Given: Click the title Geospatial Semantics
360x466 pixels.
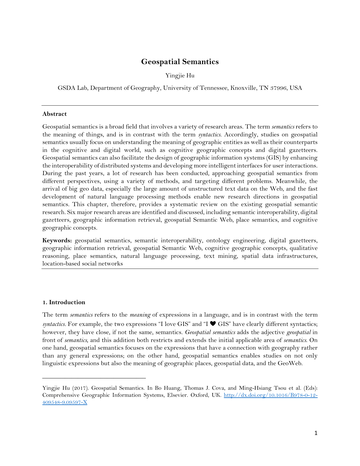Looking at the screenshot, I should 180,62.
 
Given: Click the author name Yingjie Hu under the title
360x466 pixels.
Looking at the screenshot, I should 180,75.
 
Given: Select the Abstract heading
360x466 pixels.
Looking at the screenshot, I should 54,114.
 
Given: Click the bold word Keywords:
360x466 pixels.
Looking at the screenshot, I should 57,240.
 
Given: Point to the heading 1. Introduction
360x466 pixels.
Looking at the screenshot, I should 64,302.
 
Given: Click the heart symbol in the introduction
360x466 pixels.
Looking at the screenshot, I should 213,324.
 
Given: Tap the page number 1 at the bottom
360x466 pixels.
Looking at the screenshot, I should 316,433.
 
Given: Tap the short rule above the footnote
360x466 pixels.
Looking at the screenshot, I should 94,378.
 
